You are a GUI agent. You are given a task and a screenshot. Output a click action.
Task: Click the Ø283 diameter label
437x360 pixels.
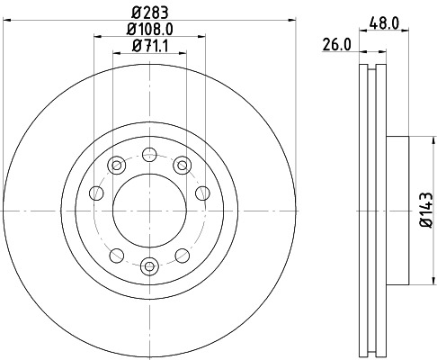coord(150,13)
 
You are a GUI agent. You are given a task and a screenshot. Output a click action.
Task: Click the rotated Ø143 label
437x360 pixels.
coord(425,211)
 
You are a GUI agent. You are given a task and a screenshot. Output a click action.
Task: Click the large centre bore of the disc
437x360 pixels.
coord(150,212)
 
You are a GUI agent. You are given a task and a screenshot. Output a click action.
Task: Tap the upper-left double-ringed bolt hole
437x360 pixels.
coord(117,164)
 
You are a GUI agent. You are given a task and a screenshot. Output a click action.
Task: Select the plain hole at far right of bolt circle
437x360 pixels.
coord(202,192)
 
